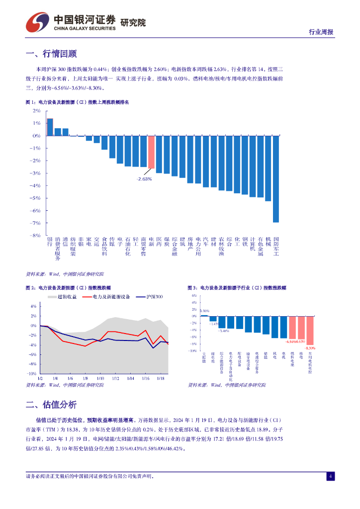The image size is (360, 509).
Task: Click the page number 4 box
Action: (x=330, y=477)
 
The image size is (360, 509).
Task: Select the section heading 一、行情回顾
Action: (x=51, y=54)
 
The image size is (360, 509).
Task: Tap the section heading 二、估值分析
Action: (x=51, y=404)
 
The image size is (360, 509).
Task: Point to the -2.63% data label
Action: (x=145, y=178)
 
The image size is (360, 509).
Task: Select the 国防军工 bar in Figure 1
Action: (x=276, y=178)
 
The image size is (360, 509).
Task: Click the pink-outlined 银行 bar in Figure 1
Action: (x=50, y=127)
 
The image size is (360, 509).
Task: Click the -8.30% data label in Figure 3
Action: (x=311, y=348)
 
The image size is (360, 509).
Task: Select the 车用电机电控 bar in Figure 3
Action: (x=310, y=330)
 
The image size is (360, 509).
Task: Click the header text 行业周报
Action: (x=321, y=32)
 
